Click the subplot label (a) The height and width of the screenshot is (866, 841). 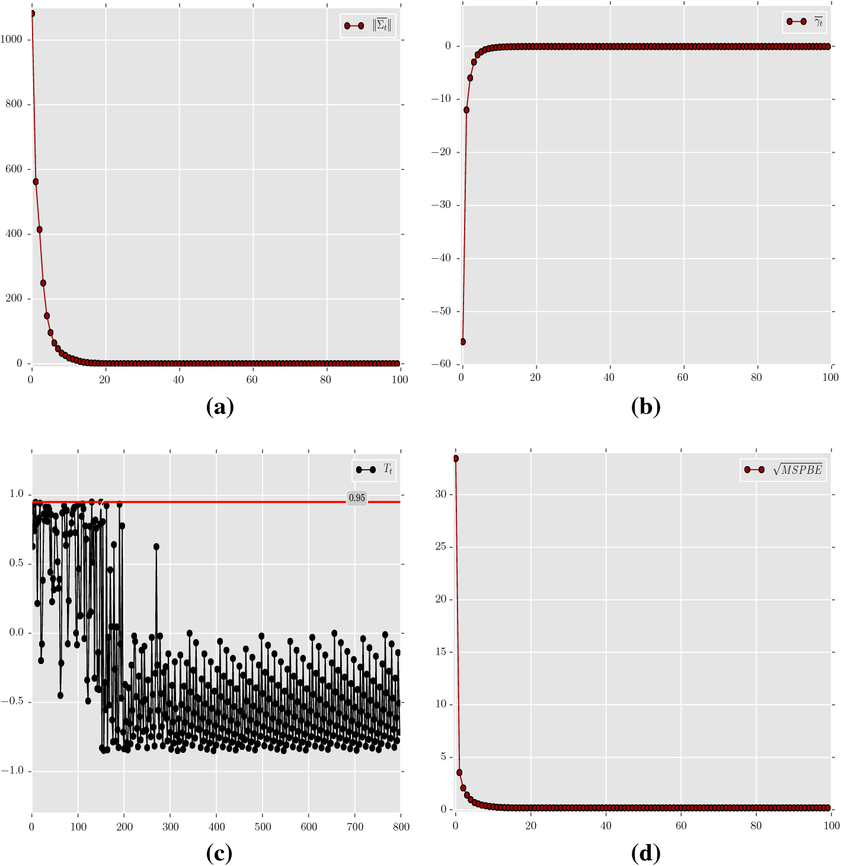220,407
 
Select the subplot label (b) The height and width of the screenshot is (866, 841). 645,407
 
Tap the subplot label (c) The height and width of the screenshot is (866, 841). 219,853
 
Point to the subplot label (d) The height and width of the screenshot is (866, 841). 645,853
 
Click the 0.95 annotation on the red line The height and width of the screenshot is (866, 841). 357,498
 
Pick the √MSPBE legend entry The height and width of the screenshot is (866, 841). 783,470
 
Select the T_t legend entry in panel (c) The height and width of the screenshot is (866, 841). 374,470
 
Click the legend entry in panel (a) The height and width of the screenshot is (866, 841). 367,25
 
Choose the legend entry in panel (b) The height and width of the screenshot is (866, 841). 804,22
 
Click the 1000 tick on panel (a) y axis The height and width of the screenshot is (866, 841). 11,40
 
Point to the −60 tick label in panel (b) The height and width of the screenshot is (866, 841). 441,364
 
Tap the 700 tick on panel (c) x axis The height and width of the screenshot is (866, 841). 355,827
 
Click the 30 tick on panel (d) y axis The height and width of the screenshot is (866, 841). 440,494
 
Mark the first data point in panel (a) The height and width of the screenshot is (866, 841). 31,14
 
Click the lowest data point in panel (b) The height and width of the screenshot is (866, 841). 463,342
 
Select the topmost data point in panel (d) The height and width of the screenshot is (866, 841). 455,458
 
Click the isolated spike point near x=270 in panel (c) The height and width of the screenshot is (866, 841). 156,547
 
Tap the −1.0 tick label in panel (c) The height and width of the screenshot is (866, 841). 13,771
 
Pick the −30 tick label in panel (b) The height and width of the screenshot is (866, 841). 441,205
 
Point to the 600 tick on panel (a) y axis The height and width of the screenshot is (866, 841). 14,169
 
